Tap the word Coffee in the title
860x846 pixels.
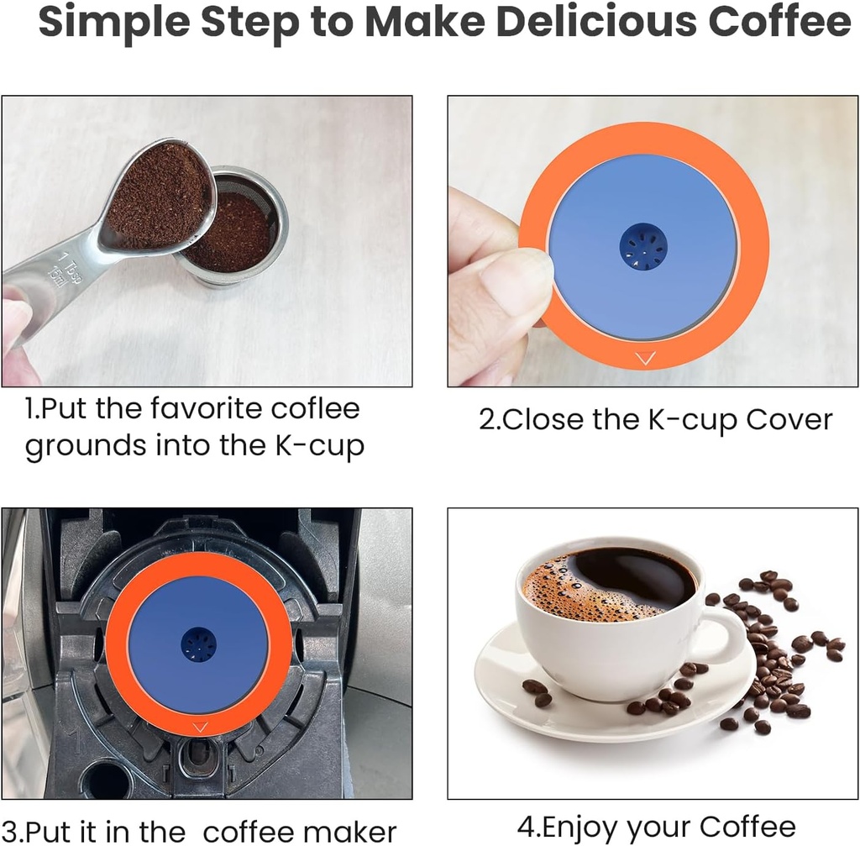pyautogui.click(x=781, y=24)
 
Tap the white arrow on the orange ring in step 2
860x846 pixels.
pyautogui.click(x=645, y=359)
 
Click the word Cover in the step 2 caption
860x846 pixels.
pyautogui.click(x=789, y=419)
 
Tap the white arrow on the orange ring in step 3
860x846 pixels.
pyautogui.click(x=199, y=727)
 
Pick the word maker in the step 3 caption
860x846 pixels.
pyautogui.click(x=349, y=832)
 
